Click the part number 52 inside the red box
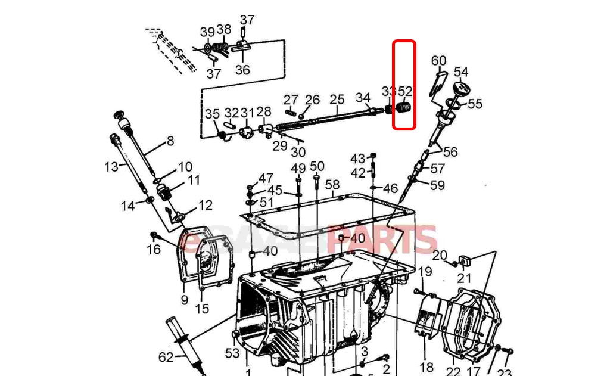click(x=405, y=91)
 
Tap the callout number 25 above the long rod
click(x=337, y=99)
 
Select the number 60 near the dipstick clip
click(x=438, y=61)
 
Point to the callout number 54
click(x=461, y=72)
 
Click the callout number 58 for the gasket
click(x=332, y=185)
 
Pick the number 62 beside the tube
click(x=166, y=357)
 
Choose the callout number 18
click(x=426, y=367)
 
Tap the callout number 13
click(x=111, y=167)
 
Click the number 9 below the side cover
click(x=184, y=300)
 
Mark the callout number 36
click(x=242, y=69)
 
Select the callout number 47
click(x=266, y=178)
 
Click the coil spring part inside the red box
click(x=404, y=108)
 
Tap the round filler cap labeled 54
click(x=460, y=89)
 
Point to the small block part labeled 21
click(x=465, y=260)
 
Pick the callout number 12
click(x=205, y=206)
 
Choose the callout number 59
click(x=437, y=185)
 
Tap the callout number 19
click(x=425, y=272)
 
